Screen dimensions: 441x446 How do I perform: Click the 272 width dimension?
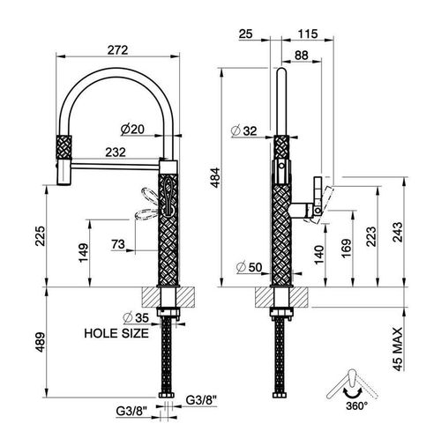click(x=117, y=50)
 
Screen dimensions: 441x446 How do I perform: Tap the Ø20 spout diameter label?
click(x=132, y=130)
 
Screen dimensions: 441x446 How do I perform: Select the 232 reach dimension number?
click(x=116, y=152)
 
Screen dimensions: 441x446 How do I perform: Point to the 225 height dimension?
click(x=40, y=236)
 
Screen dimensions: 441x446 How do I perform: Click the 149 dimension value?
click(x=84, y=253)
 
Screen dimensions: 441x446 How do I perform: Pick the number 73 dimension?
click(x=118, y=244)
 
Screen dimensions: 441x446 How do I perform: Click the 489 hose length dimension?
click(x=40, y=342)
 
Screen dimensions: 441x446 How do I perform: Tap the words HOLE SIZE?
click(x=116, y=333)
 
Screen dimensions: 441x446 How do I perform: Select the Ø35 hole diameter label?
click(x=137, y=317)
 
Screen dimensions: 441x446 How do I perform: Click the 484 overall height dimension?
click(x=215, y=177)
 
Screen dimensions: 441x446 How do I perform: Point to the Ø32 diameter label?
click(x=244, y=131)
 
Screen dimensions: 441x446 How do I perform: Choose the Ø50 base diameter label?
click(x=249, y=267)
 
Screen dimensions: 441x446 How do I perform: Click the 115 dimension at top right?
click(x=308, y=33)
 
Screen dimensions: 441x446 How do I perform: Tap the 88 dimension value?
click(x=302, y=56)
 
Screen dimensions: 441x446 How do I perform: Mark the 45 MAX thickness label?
click(x=398, y=349)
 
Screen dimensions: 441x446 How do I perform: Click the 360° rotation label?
click(x=356, y=406)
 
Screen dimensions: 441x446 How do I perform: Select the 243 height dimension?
click(x=398, y=232)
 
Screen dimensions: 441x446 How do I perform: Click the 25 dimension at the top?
click(x=245, y=33)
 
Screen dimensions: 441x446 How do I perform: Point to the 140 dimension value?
click(x=319, y=255)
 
